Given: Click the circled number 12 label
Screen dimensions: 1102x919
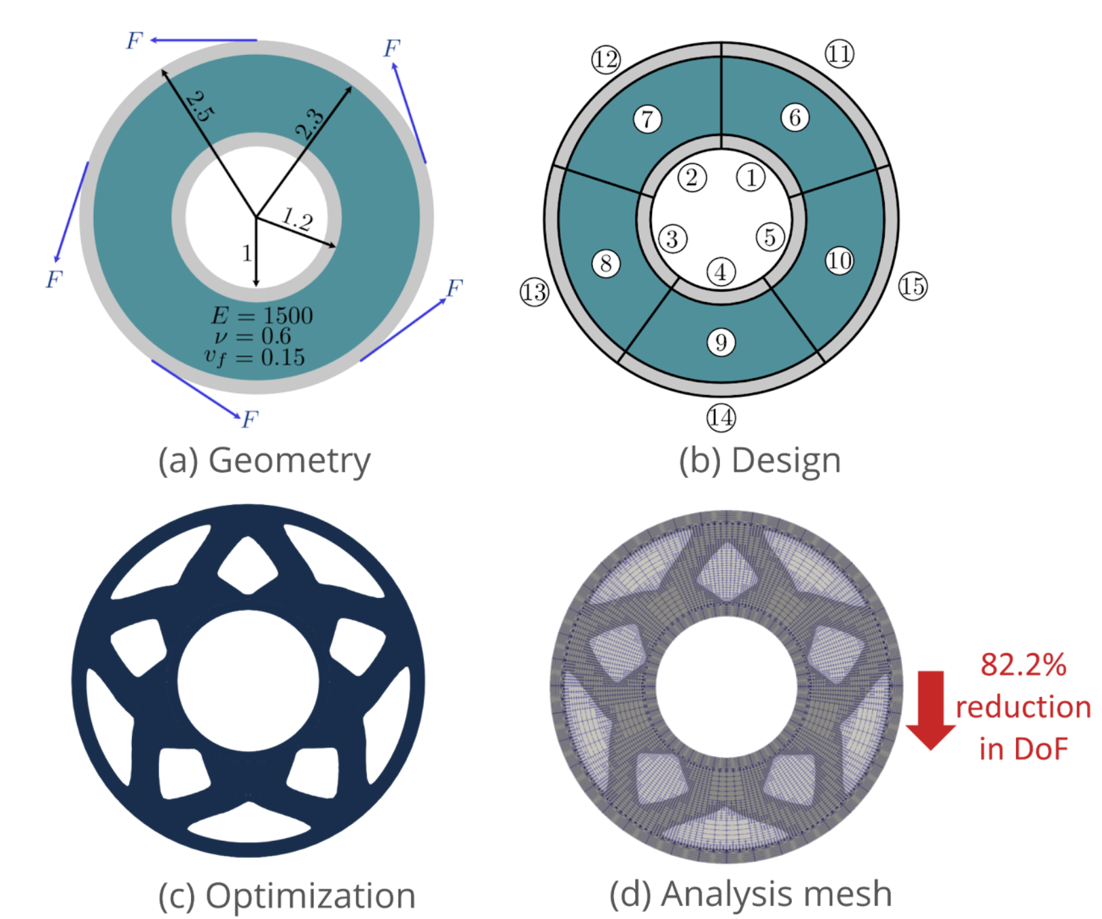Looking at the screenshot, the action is click(x=606, y=60).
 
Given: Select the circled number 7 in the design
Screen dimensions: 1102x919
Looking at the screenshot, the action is click(x=648, y=119).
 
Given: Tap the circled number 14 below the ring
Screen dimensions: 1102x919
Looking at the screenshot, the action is click(x=721, y=417).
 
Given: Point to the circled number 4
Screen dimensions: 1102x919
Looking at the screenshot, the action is click(x=721, y=272).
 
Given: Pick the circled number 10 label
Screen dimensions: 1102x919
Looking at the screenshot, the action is click(x=839, y=261).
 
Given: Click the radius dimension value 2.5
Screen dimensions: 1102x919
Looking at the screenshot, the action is click(x=199, y=107).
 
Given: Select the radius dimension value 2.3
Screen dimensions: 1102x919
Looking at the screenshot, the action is click(x=310, y=125).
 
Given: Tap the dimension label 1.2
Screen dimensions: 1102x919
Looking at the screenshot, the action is click(x=298, y=220).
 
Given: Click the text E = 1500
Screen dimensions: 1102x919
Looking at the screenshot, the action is click(x=262, y=316).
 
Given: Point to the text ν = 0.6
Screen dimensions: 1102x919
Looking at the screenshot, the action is click(x=253, y=336).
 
